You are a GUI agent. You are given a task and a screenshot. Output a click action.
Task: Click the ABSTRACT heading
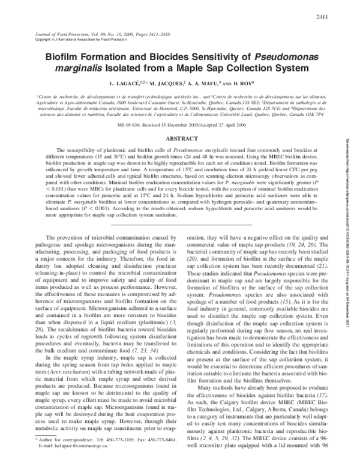[180, 138]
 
